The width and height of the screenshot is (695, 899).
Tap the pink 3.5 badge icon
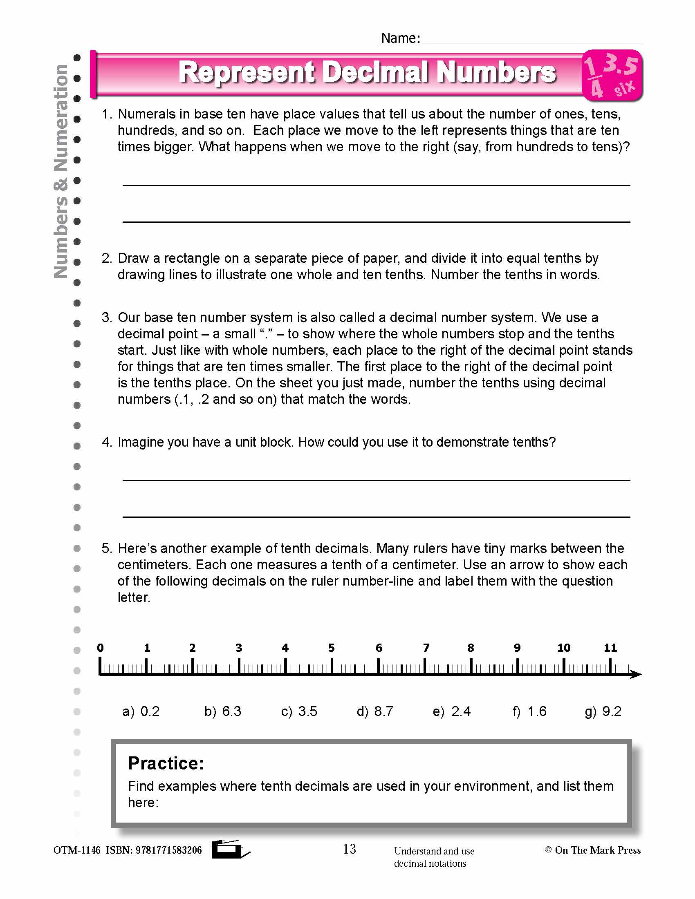coord(612,76)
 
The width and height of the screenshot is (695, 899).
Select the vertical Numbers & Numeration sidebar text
coord(61,171)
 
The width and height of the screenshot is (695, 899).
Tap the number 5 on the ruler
coord(332,648)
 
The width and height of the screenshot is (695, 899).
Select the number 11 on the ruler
coord(610,648)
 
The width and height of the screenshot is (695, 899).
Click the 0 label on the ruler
coord(100,648)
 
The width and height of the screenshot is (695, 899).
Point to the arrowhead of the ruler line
coord(636,674)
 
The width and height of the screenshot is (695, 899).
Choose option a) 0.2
coord(141,711)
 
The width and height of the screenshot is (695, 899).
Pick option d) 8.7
coord(374,711)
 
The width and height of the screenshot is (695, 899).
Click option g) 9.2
coord(603,711)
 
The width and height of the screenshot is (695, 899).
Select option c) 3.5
coord(299,711)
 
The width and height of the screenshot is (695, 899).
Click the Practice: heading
coord(166,764)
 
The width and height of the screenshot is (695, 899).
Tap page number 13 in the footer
coord(349,849)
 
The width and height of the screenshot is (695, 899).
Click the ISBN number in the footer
coord(168,850)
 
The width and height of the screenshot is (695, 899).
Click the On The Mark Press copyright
coord(592,850)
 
